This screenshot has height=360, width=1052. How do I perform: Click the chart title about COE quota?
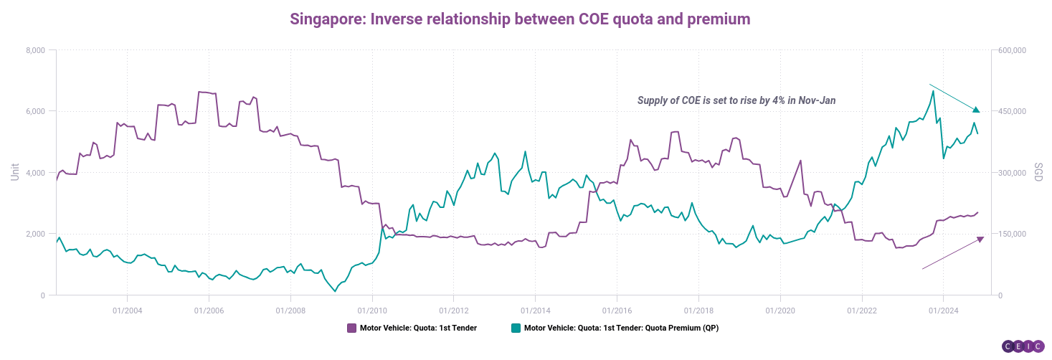click(520, 19)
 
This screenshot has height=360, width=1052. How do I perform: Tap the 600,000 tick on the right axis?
click(1013, 50)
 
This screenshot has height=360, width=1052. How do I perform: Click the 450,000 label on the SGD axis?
click(1013, 111)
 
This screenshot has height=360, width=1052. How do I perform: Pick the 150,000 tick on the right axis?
click(1013, 235)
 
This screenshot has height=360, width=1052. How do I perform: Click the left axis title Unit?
click(14, 171)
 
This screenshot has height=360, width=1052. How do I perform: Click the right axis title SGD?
click(1038, 172)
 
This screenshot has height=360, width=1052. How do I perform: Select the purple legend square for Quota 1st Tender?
click(351, 328)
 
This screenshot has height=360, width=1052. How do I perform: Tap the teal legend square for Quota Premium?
click(516, 328)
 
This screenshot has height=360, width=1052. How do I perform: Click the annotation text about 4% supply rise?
click(736, 100)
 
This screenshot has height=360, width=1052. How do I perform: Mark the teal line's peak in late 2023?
click(933, 91)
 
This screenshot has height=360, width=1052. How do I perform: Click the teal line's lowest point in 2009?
click(335, 291)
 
